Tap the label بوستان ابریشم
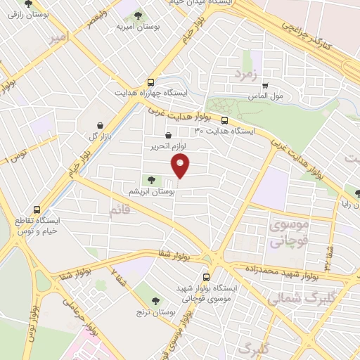(x=151, y=191)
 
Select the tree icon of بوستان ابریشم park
(x=151, y=181)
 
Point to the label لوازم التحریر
(x=167, y=147)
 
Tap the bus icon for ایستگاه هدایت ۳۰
(x=224, y=120)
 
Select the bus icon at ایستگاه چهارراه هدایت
(x=151, y=82)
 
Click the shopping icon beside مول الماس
(x=265, y=86)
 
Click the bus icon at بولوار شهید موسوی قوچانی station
(x=206, y=277)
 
